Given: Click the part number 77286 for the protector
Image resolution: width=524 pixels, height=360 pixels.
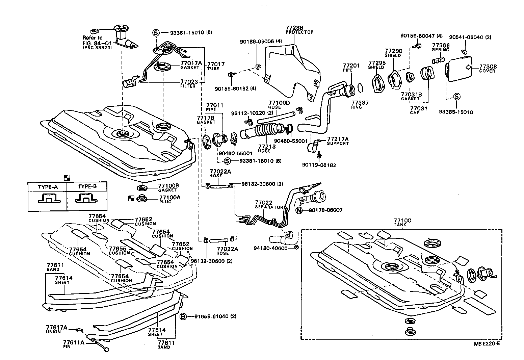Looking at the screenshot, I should (x=294, y=28).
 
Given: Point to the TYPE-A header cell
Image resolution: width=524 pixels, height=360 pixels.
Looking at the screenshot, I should (x=47, y=186).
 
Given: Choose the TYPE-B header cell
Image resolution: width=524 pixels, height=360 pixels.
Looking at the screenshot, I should (x=87, y=186).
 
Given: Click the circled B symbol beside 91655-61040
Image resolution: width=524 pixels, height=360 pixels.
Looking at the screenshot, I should (x=183, y=316).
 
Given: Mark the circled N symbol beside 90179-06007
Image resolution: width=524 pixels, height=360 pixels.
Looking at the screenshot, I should (x=299, y=210).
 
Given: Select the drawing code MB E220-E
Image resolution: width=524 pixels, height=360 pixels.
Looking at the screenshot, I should (x=487, y=344).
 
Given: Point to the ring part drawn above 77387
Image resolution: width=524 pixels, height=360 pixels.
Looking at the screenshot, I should (x=360, y=88).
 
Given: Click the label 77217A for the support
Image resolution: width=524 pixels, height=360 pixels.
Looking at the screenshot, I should (x=338, y=139).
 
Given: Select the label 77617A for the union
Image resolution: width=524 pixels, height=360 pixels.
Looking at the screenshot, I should (x=57, y=327).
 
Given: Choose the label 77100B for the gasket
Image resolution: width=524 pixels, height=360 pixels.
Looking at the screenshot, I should (x=169, y=186).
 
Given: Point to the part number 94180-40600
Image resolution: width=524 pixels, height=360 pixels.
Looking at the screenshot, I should (x=270, y=248).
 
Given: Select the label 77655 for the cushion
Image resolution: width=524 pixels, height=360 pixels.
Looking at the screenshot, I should (x=117, y=249).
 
